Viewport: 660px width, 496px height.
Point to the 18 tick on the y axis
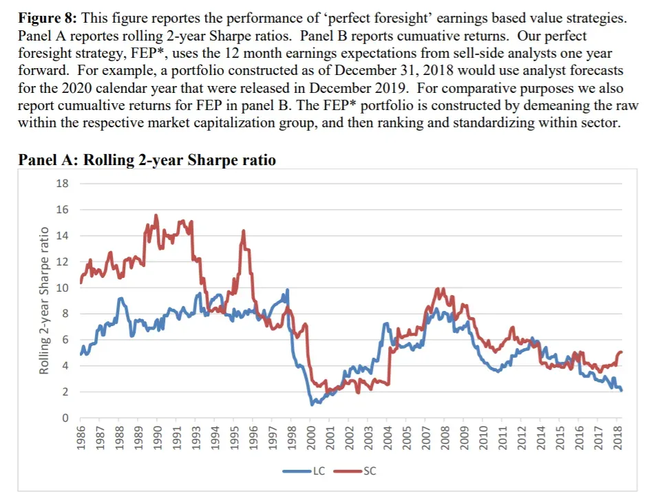pos(62,184)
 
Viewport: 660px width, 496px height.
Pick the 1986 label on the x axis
pos(81,438)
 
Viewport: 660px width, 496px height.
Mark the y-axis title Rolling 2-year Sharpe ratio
pos(44,301)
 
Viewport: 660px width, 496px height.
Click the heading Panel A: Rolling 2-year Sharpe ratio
pos(147,160)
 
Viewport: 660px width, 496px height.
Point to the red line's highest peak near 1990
pos(156,215)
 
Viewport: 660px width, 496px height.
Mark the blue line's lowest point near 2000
pos(312,404)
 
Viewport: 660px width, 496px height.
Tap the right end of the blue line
pos(621,390)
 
